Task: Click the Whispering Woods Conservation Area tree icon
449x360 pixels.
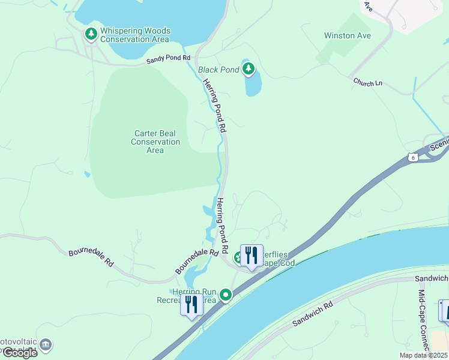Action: coord(91,34)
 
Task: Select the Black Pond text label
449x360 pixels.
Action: coord(218,70)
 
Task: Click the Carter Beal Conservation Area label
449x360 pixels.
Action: coord(155,142)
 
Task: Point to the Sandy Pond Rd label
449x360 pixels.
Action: coord(169,61)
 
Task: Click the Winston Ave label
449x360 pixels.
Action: coord(348,35)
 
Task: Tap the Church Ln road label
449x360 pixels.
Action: coord(368,82)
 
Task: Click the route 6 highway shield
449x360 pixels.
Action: coord(412,157)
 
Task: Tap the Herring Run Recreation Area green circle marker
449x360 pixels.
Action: coord(226,295)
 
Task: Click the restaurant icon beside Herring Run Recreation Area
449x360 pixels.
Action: coord(191,305)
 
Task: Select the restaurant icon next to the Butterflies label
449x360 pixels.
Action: coord(252,256)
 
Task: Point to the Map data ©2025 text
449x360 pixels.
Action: coord(423,355)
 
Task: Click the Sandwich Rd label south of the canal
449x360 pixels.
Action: coord(312,314)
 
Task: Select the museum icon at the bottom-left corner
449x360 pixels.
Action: coord(46,345)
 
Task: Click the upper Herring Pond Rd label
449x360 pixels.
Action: coord(215,106)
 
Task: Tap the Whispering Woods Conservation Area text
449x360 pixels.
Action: coord(135,35)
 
